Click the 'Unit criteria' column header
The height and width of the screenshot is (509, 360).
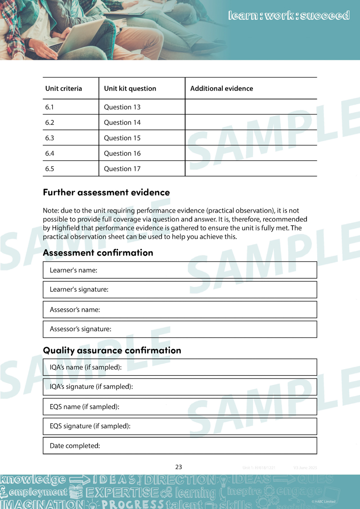63,89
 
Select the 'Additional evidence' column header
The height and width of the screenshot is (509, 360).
221,89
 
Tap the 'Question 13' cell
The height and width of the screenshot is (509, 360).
122,107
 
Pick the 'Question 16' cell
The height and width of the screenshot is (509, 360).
122,153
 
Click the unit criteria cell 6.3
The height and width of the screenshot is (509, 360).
49,138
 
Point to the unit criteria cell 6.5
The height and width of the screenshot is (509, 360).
49,169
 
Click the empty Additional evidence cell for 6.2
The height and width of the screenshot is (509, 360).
251,122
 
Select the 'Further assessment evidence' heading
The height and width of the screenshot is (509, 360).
106,192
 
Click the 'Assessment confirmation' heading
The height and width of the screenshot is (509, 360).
98,252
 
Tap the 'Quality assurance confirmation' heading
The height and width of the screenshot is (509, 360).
112,350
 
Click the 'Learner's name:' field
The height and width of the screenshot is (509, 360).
180,270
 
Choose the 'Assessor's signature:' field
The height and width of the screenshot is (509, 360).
180,329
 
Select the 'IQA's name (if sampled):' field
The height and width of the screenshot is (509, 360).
180,367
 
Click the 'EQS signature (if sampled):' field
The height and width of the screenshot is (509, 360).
180,426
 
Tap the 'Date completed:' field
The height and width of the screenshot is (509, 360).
180,446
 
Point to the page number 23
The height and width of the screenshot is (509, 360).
179,467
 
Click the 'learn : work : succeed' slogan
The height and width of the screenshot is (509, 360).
289,16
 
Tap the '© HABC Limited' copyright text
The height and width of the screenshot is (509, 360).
323,501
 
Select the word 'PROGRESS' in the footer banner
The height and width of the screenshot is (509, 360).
133,504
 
